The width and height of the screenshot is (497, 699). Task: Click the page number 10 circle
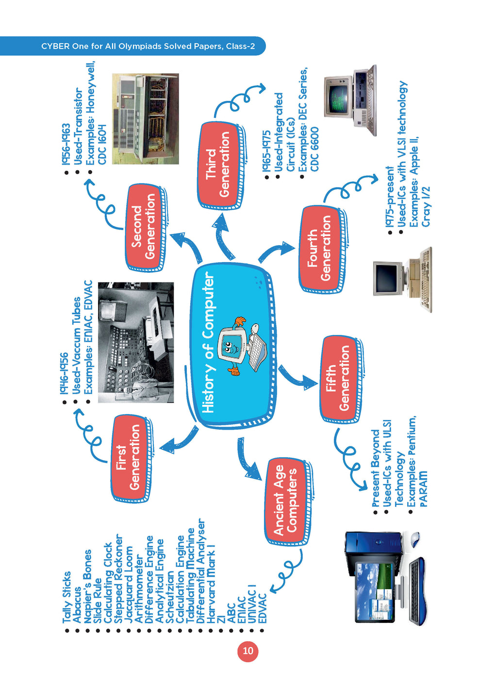click(248, 651)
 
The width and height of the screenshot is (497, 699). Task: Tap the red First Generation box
click(129, 458)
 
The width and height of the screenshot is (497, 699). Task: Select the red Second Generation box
click(144, 227)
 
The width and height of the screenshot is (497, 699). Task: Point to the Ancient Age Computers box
click(285, 500)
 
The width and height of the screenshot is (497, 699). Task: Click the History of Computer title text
click(208, 342)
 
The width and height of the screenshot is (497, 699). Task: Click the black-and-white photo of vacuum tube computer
click(135, 342)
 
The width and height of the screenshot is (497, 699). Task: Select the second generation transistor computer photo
click(145, 119)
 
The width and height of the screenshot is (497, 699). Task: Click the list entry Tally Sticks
click(67, 597)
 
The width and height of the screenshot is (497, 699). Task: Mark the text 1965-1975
click(266, 150)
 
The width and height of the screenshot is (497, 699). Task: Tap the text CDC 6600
click(315, 149)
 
